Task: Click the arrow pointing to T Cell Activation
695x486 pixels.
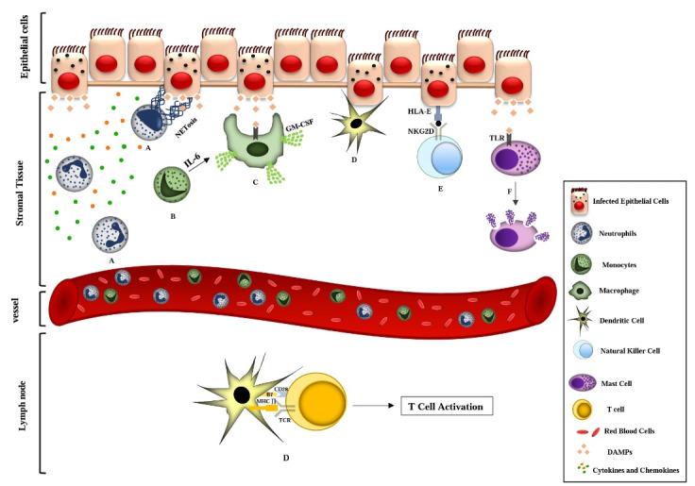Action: (x=375, y=407)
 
